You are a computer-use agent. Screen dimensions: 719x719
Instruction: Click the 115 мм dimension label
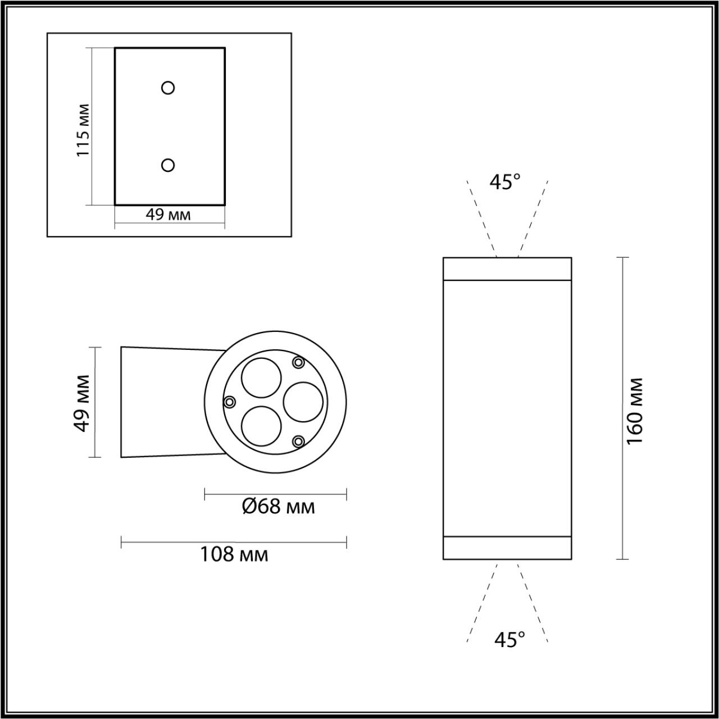point(83,130)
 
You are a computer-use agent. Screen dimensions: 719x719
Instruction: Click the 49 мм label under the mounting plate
point(168,215)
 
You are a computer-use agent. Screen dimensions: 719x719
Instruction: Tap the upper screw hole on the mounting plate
point(168,88)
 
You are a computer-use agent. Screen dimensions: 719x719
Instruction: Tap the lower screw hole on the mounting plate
point(168,165)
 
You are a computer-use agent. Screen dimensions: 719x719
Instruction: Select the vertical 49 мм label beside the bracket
point(83,402)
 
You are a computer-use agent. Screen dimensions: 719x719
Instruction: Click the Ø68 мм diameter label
point(278,506)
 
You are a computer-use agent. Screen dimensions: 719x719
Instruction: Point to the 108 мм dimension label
point(234,554)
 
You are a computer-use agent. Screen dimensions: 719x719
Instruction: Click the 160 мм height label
point(634,411)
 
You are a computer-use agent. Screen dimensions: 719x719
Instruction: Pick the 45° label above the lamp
point(505,182)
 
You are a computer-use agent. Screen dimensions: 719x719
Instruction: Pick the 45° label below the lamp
point(509,639)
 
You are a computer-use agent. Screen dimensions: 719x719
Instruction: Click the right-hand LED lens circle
point(303,402)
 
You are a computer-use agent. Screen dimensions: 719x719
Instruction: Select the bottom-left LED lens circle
point(261,426)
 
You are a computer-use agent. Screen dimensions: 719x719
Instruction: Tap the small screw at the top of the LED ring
point(299,363)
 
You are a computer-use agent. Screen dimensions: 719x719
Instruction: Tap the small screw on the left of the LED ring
point(229,402)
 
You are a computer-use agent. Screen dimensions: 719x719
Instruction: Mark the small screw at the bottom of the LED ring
point(299,442)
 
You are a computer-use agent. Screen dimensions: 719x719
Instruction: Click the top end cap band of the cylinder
point(507,269)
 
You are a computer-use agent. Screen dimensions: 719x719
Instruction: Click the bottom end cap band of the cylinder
point(507,548)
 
